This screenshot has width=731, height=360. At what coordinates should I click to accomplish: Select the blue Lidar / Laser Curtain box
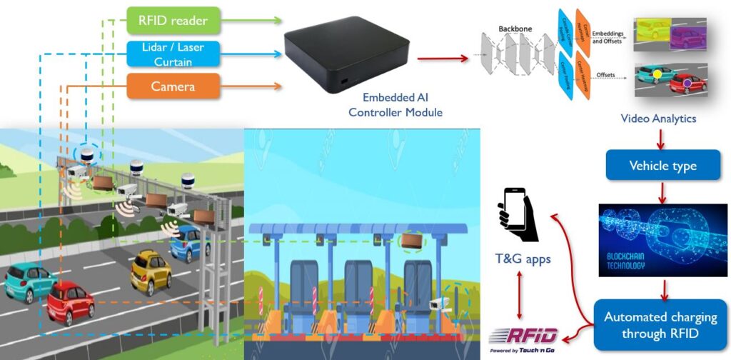tap(173, 54)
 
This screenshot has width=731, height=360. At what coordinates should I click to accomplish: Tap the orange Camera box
tap(173, 86)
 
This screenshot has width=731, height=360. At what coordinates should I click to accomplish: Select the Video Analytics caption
tap(657, 119)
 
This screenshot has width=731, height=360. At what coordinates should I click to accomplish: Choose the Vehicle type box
tap(662, 166)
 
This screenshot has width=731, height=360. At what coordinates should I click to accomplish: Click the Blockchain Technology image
tap(663, 241)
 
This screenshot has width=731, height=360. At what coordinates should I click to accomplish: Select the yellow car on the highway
tap(150, 271)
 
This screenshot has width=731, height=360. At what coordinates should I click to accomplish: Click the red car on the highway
tap(71, 302)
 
